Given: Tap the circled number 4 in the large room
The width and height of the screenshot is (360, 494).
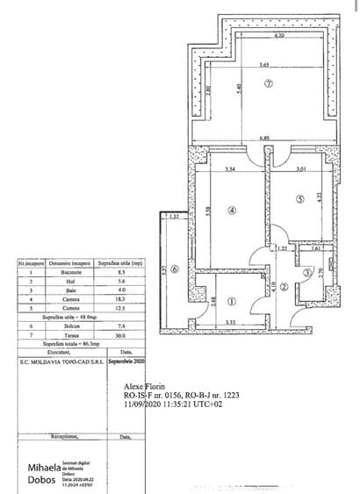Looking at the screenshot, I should click(x=231, y=211).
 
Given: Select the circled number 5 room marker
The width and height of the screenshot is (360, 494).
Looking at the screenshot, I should click(x=299, y=199).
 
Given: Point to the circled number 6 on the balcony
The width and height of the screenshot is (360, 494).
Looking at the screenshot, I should click(x=174, y=269).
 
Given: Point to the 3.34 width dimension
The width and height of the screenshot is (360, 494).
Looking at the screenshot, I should click(x=230, y=168).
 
